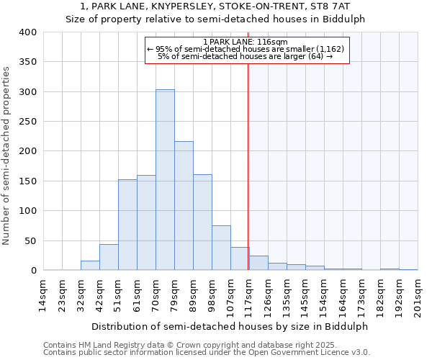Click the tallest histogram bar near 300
[x=165, y=180]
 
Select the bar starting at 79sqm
[x=184, y=206]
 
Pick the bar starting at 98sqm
[x=221, y=248]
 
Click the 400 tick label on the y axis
[x=27, y=32]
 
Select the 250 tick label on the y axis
[x=27, y=122]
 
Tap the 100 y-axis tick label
[x=27, y=211]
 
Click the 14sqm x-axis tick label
[x=43, y=296]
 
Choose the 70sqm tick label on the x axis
[x=156, y=296]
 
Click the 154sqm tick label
[x=324, y=297]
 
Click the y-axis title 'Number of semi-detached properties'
[x=6, y=156]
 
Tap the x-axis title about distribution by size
[x=230, y=326]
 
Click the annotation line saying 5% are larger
[x=245, y=56]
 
